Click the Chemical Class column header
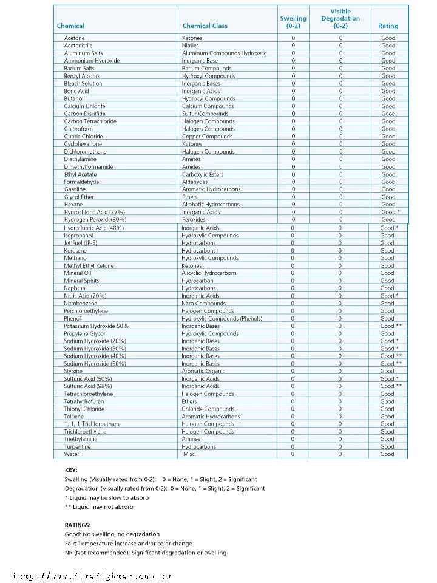205,26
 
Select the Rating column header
388,26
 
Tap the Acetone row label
75,38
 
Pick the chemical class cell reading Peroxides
194,220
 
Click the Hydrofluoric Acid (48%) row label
93,228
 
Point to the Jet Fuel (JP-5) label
80,243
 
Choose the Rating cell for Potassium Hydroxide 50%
391,326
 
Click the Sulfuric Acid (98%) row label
88,386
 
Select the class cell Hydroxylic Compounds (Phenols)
222,318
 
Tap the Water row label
72,454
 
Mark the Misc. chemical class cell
190,454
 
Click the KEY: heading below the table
71,470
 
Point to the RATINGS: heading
78,525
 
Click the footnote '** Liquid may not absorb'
99,506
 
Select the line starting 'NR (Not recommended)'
145,553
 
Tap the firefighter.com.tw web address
92,576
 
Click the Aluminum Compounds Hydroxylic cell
224,53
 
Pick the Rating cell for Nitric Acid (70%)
389,296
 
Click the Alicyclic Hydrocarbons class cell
209,273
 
